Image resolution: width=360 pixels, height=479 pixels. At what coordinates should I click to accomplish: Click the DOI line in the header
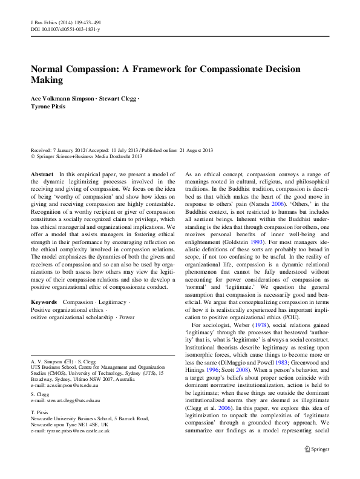(65, 28)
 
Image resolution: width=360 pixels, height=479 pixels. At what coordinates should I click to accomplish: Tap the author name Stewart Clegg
(117, 98)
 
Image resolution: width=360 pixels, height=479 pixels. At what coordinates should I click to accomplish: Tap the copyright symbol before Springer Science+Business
(33, 156)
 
